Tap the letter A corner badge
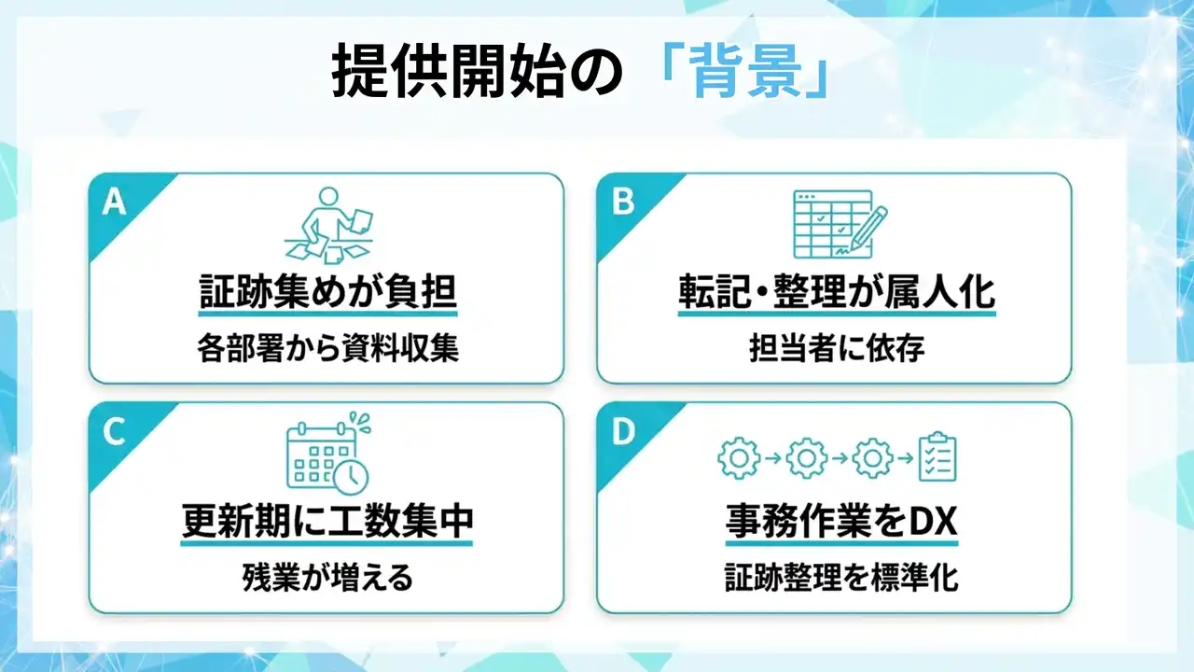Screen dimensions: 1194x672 (114, 203)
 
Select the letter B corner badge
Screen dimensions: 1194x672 (622, 203)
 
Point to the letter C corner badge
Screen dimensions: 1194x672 (114, 431)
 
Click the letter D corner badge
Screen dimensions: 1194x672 (623, 431)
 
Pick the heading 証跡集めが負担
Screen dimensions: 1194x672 (327, 291)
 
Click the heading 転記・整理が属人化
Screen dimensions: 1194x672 (837, 291)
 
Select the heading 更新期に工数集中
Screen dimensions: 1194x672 (327, 521)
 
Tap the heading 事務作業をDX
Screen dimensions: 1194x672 (841, 521)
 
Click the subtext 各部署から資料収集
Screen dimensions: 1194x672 (327, 348)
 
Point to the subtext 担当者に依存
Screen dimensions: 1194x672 (837, 348)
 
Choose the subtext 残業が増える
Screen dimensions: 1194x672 (327, 578)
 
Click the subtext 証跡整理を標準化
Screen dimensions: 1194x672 (841, 578)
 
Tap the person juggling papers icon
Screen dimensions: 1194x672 (328, 225)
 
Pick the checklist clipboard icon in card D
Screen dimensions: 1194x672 (937, 456)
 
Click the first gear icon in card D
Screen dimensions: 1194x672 (738, 458)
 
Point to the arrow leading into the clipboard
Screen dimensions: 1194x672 (905, 458)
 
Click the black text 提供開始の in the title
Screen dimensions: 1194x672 (477, 72)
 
